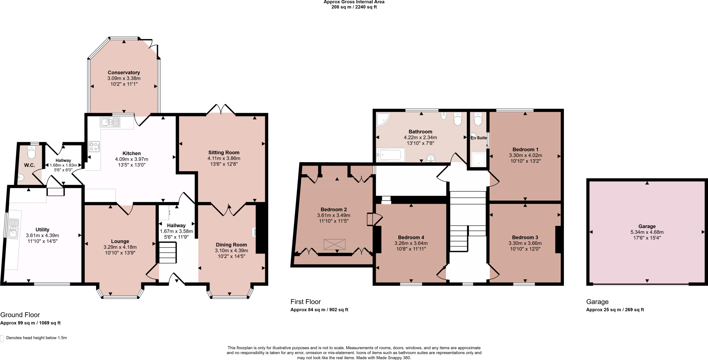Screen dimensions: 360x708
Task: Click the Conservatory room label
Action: point(124,73)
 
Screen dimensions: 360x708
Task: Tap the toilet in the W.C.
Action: point(32,152)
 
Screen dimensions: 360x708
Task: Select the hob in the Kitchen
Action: point(94,147)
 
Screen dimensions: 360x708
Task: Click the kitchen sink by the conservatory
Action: point(110,122)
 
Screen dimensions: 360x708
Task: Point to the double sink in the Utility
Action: point(14,229)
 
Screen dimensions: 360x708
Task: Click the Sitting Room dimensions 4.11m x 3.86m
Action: point(224,158)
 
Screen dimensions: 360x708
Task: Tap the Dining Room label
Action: point(231,245)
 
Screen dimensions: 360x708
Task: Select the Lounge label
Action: point(120,241)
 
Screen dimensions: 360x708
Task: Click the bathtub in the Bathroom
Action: point(391,155)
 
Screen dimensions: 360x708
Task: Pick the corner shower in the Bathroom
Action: point(383,119)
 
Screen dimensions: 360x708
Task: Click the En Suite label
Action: point(478,138)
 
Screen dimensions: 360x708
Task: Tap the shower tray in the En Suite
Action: point(479,159)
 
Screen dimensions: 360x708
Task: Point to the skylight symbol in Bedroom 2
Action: point(334,244)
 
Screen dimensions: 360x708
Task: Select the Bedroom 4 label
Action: point(411,237)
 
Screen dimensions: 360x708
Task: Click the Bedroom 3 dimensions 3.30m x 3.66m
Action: point(525,243)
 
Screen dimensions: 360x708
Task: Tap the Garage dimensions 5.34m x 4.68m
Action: point(647,232)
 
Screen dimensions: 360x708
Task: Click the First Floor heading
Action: point(306,302)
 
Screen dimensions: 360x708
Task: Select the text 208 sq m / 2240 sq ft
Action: point(354,7)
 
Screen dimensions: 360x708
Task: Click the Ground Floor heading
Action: point(20,315)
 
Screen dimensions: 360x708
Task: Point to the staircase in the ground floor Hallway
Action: point(168,253)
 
